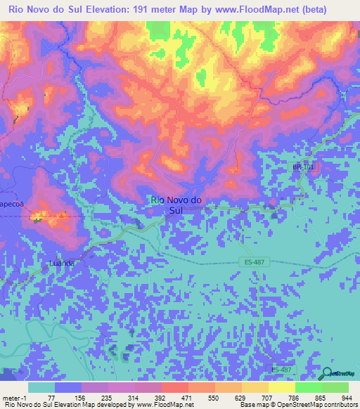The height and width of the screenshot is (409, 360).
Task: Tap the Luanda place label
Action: pyautogui.click(x=62, y=263)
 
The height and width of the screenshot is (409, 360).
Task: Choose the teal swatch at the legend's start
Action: pyautogui.click(x=41, y=388)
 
